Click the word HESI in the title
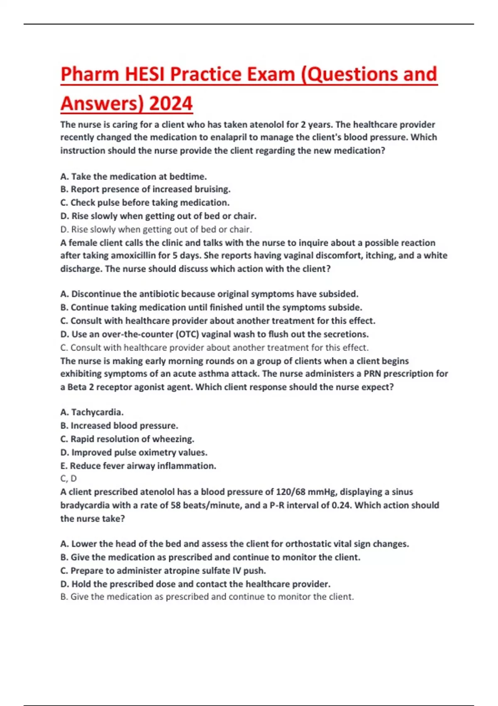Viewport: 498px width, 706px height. [x=145, y=75]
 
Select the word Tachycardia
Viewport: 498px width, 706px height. [x=97, y=412]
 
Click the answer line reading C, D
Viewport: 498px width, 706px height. [x=68, y=478]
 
